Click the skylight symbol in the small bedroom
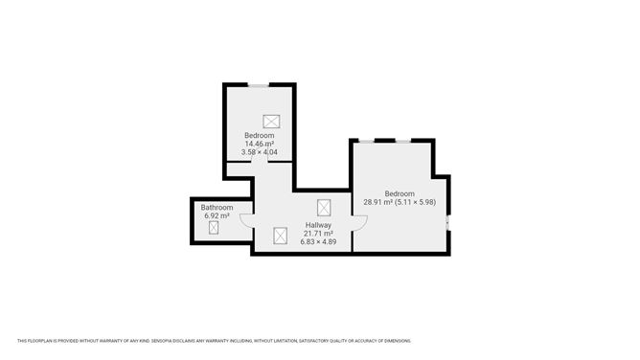tap(271, 122)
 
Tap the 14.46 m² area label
tap(260, 144)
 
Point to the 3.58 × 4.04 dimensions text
tap(260, 152)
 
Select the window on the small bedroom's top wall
tap(259, 85)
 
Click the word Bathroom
tap(217, 208)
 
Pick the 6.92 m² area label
tap(217, 216)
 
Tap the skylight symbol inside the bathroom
tap(214, 228)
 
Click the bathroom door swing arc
tap(245, 222)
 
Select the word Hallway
tap(318, 225)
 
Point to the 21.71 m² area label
tap(318, 234)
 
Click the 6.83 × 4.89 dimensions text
tap(318, 242)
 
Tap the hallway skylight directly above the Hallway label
tap(324, 208)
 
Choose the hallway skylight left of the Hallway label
tap(280, 236)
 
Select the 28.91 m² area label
tap(378, 202)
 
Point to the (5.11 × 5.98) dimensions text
tap(416, 202)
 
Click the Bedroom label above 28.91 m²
tap(400, 193)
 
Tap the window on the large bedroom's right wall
tap(448, 222)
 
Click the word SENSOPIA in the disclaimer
tap(161, 341)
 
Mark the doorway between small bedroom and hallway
tap(260, 162)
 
